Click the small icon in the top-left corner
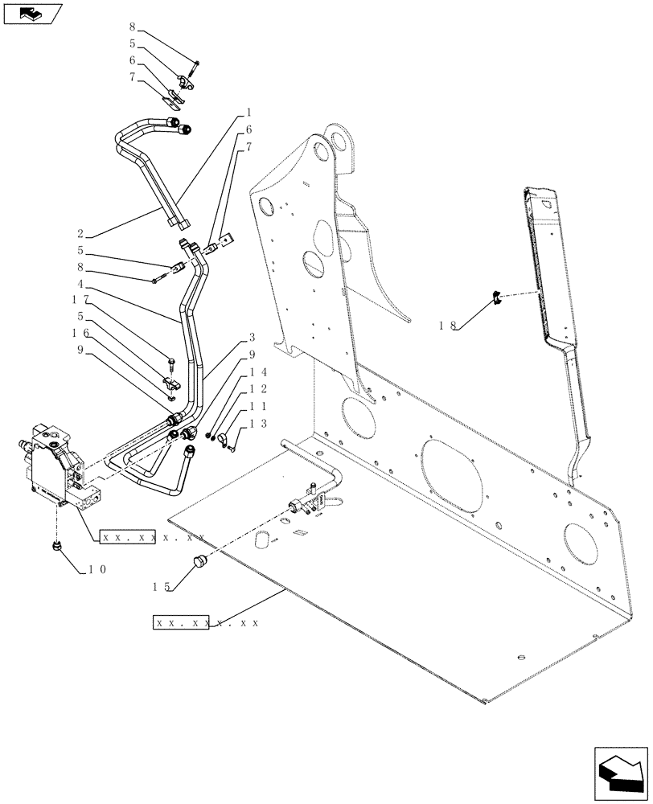coord(32,13)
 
